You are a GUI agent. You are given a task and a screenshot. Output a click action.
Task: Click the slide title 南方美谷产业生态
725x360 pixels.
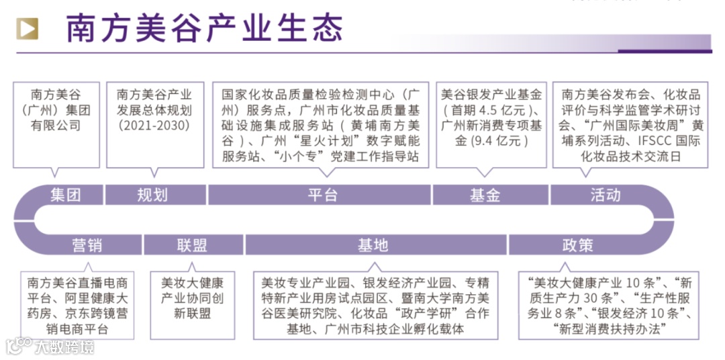click(x=205, y=28)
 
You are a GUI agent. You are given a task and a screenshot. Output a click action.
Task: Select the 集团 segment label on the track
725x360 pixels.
click(x=65, y=195)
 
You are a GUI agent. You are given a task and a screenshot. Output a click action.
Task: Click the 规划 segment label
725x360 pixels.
click(x=152, y=195)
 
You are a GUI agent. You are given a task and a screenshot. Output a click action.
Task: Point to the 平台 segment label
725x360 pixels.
click(x=322, y=195)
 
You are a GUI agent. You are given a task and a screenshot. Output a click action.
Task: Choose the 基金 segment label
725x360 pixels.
click(x=485, y=195)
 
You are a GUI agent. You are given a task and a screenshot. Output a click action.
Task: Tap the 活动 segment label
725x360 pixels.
click(x=606, y=195)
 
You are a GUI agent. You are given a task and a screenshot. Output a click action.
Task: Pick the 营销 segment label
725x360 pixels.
click(x=87, y=245)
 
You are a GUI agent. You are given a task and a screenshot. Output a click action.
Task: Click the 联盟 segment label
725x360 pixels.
click(x=192, y=245)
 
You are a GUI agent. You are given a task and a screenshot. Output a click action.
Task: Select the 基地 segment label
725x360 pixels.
click(x=373, y=245)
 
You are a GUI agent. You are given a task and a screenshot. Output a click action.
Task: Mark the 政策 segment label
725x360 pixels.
click(x=577, y=245)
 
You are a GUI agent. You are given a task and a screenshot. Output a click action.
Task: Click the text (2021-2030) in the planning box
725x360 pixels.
click(x=154, y=126)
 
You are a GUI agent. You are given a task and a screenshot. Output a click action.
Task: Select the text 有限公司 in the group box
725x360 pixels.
click(x=56, y=126)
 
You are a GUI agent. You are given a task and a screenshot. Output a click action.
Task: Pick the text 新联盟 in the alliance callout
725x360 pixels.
click(x=192, y=313)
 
